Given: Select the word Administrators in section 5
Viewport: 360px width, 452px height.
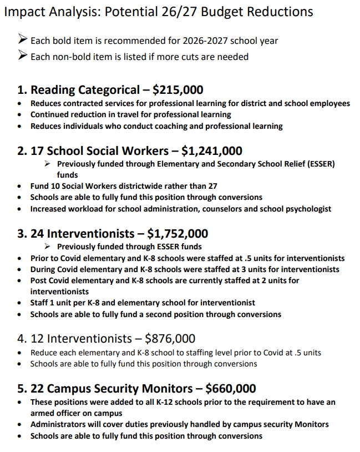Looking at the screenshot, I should (59, 424).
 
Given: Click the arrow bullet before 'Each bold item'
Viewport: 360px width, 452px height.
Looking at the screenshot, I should (23, 41).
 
